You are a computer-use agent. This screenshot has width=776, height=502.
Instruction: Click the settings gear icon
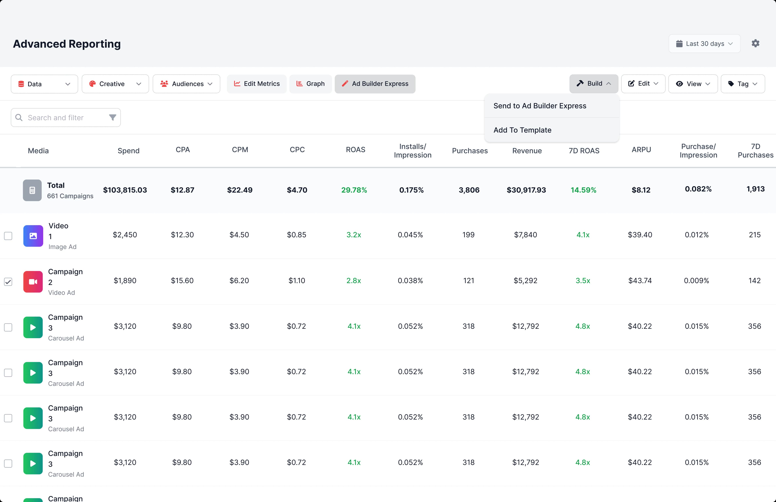pyautogui.click(x=755, y=43)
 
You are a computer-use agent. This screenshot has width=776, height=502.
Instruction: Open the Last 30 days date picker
pyautogui.click(x=704, y=44)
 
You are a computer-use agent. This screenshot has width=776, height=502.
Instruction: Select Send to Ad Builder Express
pyautogui.click(x=540, y=106)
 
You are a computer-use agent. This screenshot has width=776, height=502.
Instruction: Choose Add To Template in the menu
pyautogui.click(x=522, y=130)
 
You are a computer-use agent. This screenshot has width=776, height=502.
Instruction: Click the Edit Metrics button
pyautogui.click(x=257, y=84)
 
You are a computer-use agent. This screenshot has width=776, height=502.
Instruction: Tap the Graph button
pyautogui.click(x=310, y=84)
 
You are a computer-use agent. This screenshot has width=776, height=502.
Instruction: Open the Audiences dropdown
pyautogui.click(x=186, y=84)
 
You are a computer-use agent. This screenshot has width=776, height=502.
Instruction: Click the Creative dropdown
pyautogui.click(x=115, y=84)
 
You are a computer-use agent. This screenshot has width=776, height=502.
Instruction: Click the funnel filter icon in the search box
pyautogui.click(x=113, y=117)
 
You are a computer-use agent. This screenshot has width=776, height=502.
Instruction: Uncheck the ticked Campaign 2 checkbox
pyautogui.click(x=8, y=282)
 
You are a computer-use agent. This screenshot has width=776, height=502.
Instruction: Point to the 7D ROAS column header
pyautogui.click(x=584, y=151)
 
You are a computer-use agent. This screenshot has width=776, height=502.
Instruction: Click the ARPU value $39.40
pyautogui.click(x=640, y=235)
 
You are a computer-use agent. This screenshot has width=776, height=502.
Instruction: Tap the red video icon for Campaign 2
pyautogui.click(x=33, y=282)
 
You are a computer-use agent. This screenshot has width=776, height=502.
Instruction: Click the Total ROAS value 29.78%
pyautogui.click(x=354, y=190)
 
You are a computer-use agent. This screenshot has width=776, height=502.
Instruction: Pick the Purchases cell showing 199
pyautogui.click(x=468, y=235)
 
